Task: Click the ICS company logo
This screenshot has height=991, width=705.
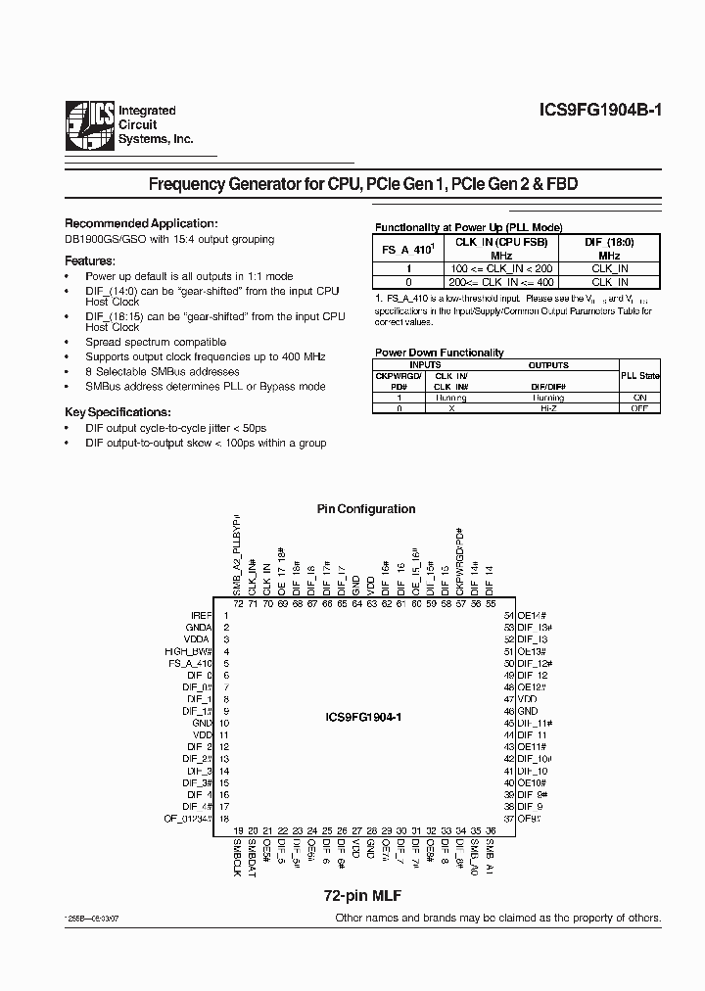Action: tap(89, 127)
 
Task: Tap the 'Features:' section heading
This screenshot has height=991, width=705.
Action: tap(90, 260)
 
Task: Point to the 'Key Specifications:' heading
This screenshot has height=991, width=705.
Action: tap(117, 412)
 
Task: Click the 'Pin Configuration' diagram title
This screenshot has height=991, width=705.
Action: tap(365, 509)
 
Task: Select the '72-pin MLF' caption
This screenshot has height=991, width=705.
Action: tap(363, 896)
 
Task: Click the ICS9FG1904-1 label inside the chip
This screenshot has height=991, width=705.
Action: tap(363, 717)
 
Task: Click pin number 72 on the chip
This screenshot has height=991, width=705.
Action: tap(237, 603)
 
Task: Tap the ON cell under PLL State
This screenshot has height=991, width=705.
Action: tap(639, 398)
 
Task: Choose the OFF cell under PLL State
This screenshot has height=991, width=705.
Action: tap(639, 407)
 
